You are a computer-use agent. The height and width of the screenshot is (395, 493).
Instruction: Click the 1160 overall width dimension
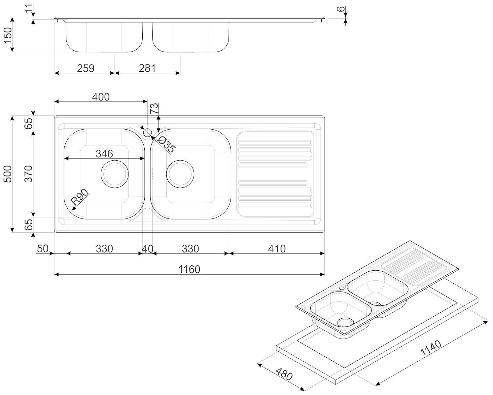pyautogui.click(x=189, y=269)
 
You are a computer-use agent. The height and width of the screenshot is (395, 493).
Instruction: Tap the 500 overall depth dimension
pyautogui.click(x=7, y=174)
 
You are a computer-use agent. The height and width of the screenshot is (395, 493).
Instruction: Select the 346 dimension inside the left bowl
pyautogui.click(x=104, y=154)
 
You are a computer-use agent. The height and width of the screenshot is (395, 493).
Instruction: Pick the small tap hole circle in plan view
pyautogui.click(x=147, y=133)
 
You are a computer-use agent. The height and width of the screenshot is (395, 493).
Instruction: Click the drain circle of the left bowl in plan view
pyautogui.click(x=114, y=174)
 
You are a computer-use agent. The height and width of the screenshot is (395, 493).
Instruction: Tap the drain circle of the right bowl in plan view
pyautogui.click(x=180, y=174)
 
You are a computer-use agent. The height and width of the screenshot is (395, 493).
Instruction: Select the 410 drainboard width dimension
pyautogui.click(x=277, y=249)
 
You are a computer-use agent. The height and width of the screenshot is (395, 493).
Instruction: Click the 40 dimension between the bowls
pyautogui.click(x=147, y=249)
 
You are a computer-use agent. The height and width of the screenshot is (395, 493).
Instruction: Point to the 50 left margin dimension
pyautogui.click(x=43, y=249)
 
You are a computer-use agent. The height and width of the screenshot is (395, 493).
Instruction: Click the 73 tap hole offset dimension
pyautogui.click(x=154, y=108)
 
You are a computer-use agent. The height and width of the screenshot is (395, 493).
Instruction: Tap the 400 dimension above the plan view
pyautogui.click(x=101, y=97)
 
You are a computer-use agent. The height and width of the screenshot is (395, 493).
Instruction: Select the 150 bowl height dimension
pyautogui.click(x=7, y=35)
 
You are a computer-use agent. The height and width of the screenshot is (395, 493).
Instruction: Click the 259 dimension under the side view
pyautogui.click(x=86, y=68)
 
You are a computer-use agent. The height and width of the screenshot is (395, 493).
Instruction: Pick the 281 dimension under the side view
pyautogui.click(x=147, y=68)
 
